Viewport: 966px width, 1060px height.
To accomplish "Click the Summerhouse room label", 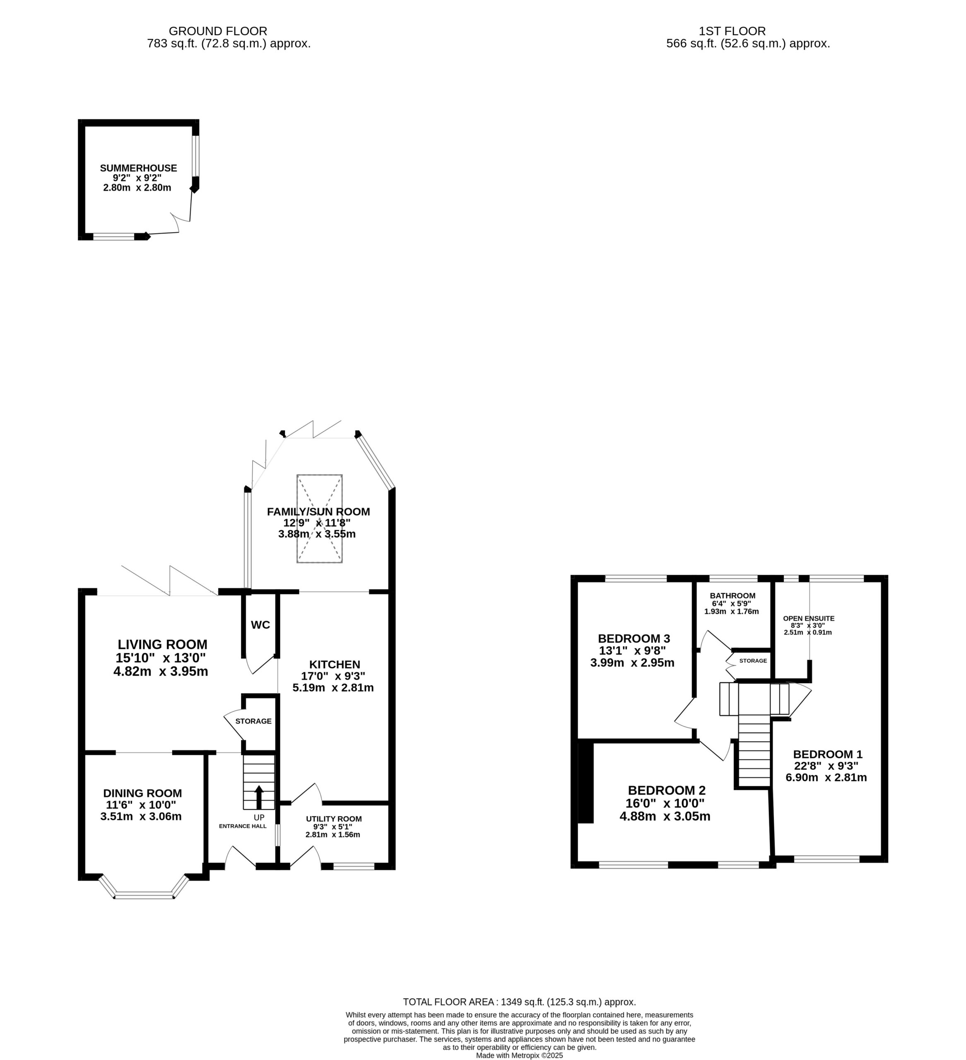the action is [x=138, y=168].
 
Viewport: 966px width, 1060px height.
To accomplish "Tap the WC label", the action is [x=260, y=625].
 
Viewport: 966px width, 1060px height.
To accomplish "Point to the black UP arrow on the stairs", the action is [x=259, y=797].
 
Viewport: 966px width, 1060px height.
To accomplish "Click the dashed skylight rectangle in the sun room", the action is [x=320, y=518].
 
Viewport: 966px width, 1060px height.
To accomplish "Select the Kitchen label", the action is [x=335, y=665].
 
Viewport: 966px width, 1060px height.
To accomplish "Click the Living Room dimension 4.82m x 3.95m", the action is [x=161, y=672].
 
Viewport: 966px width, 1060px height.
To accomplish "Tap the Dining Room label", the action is [x=142, y=793].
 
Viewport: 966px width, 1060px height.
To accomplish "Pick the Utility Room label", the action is [x=334, y=819].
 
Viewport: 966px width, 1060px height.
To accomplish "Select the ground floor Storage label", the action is [x=253, y=721].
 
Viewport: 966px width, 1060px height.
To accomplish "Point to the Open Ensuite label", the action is [x=809, y=618].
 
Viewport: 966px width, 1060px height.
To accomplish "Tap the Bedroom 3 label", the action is [x=634, y=638].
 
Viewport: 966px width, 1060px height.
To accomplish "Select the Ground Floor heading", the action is [x=218, y=31].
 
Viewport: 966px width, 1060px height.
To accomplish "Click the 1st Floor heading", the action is [x=732, y=31].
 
